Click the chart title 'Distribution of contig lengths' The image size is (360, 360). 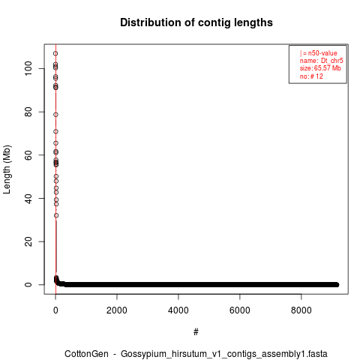(x=196, y=22)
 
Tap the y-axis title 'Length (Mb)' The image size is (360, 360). (x=7, y=169)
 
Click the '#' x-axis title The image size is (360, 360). (x=196, y=332)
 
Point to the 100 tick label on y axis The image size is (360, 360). (x=28, y=68)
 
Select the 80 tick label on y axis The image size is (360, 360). (x=28, y=112)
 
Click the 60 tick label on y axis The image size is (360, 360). (x=28, y=155)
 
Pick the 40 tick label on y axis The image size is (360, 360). (x=28, y=198)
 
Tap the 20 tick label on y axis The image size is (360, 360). (x=28, y=241)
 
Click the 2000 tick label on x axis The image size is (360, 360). (x=117, y=310)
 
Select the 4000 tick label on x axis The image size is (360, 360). (x=178, y=310)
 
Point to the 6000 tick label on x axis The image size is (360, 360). (x=240, y=310)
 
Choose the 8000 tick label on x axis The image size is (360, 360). (x=301, y=310)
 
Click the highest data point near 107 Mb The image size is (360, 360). (x=55, y=53)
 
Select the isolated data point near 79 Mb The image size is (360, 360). (x=55, y=115)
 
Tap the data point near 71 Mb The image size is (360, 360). (x=55, y=131)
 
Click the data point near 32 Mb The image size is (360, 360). (x=56, y=215)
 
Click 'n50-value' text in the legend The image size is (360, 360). (x=322, y=53)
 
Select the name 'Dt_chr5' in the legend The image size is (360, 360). (x=332, y=61)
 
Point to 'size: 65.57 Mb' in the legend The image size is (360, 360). (x=320, y=68)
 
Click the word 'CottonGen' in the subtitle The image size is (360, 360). (x=86, y=354)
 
